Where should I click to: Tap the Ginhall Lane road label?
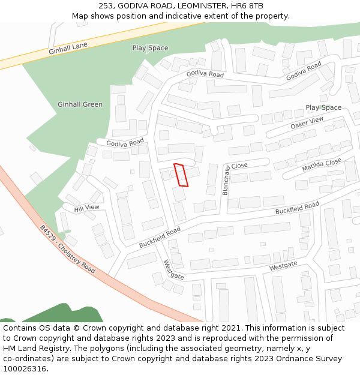(68, 49)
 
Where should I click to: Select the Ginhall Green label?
(80, 104)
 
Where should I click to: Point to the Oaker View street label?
(307, 123)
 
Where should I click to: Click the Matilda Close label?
(322, 165)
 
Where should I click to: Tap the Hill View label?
(86, 208)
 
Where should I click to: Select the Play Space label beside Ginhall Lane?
(150, 48)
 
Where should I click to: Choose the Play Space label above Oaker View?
(323, 108)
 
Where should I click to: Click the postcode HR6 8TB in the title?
(247, 5)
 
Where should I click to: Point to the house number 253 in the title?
(106, 5)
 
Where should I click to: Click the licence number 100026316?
(25, 369)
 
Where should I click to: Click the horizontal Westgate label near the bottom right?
(283, 265)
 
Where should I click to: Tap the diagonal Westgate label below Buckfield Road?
(173, 270)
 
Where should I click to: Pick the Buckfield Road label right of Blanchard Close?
(297, 209)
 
